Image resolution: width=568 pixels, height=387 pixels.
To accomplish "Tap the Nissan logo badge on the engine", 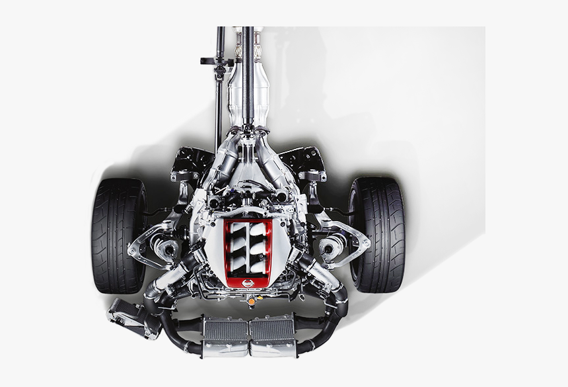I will tap(248, 283).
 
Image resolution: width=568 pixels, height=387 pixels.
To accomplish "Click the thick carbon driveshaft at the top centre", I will tap(248, 73).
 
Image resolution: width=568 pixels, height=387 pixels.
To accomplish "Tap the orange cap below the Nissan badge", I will tap(251, 302).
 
